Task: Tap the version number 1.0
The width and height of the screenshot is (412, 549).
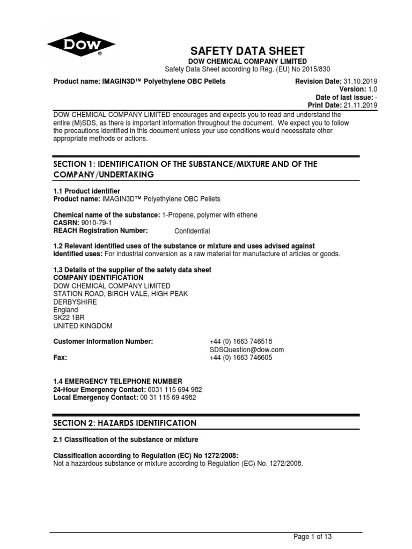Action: click(372, 89)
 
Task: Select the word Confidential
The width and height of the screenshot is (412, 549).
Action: click(193, 231)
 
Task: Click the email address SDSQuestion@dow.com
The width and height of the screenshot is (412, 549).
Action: click(246, 350)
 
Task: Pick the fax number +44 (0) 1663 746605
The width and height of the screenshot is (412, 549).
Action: click(241, 358)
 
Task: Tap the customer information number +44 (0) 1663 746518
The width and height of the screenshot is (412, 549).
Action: click(241, 342)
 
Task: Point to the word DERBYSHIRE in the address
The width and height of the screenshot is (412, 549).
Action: click(76, 302)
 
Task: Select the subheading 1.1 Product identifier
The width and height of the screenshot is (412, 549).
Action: click(86, 191)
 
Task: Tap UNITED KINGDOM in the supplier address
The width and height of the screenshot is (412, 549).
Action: click(83, 326)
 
